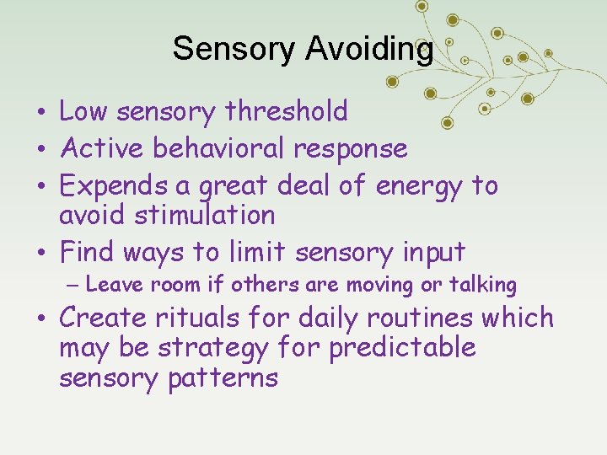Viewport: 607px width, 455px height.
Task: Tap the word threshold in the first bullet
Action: point(289,111)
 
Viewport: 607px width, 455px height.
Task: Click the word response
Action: point(351,149)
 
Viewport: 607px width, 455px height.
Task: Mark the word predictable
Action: point(402,348)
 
